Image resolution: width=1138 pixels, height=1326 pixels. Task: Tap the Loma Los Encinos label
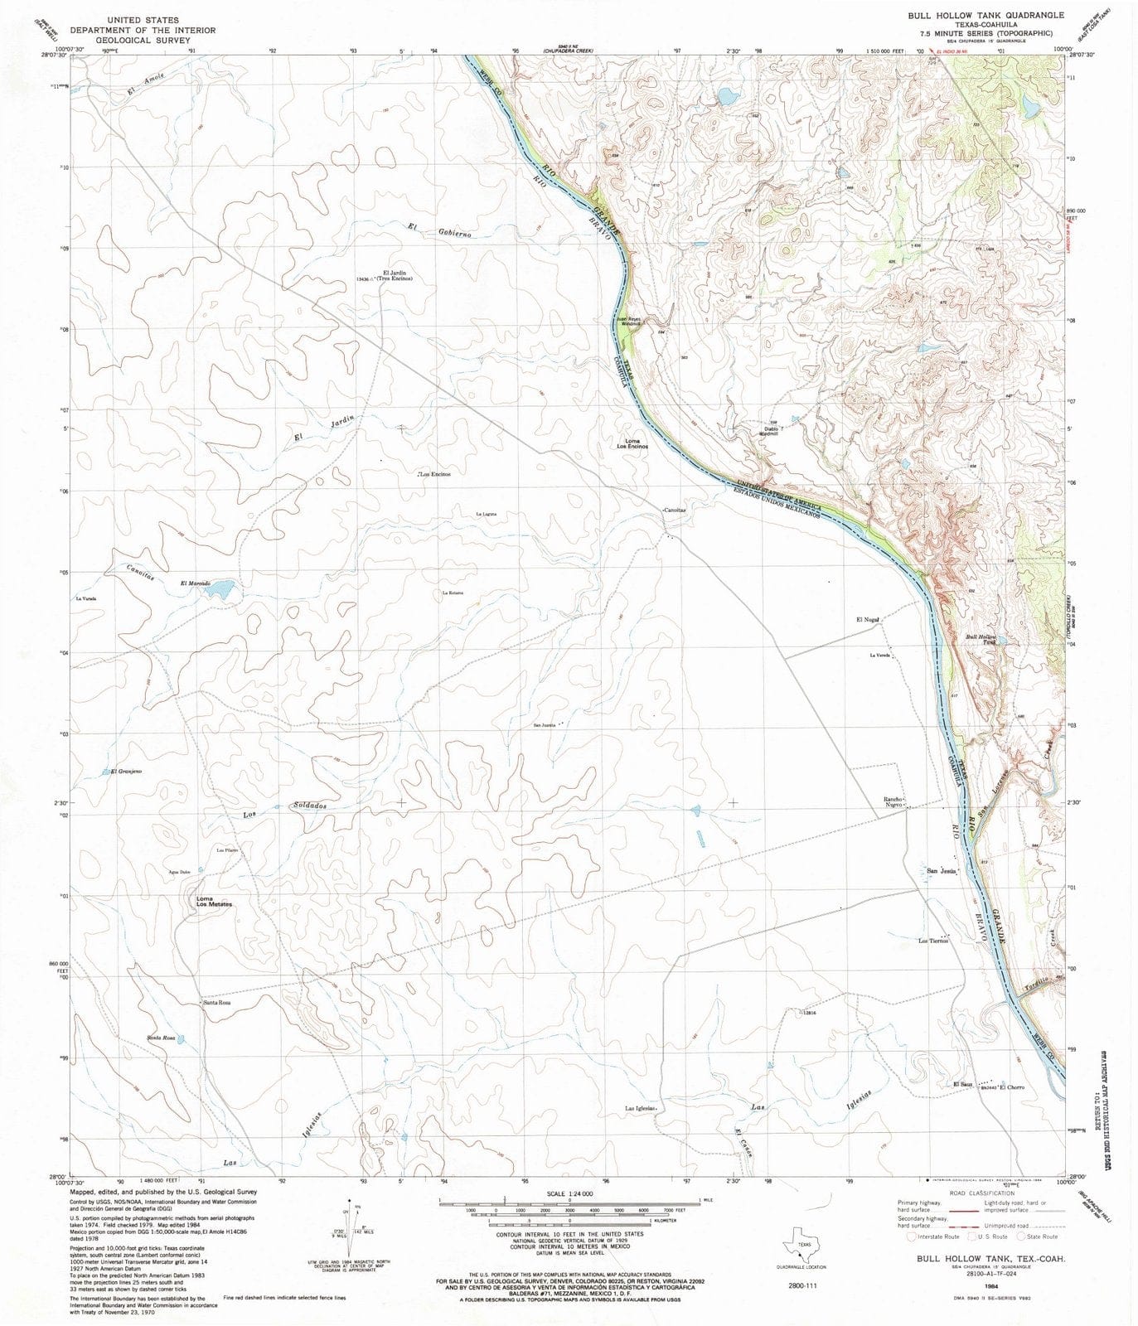pos(632,443)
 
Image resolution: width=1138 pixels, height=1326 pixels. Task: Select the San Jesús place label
pos(942,871)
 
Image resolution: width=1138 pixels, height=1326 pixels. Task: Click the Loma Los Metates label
pos(214,902)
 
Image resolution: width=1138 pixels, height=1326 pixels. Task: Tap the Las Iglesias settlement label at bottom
pos(641,1108)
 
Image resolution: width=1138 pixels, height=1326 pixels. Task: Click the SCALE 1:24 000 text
pos(569,1193)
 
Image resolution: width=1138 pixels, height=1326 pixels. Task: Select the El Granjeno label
pos(126,772)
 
